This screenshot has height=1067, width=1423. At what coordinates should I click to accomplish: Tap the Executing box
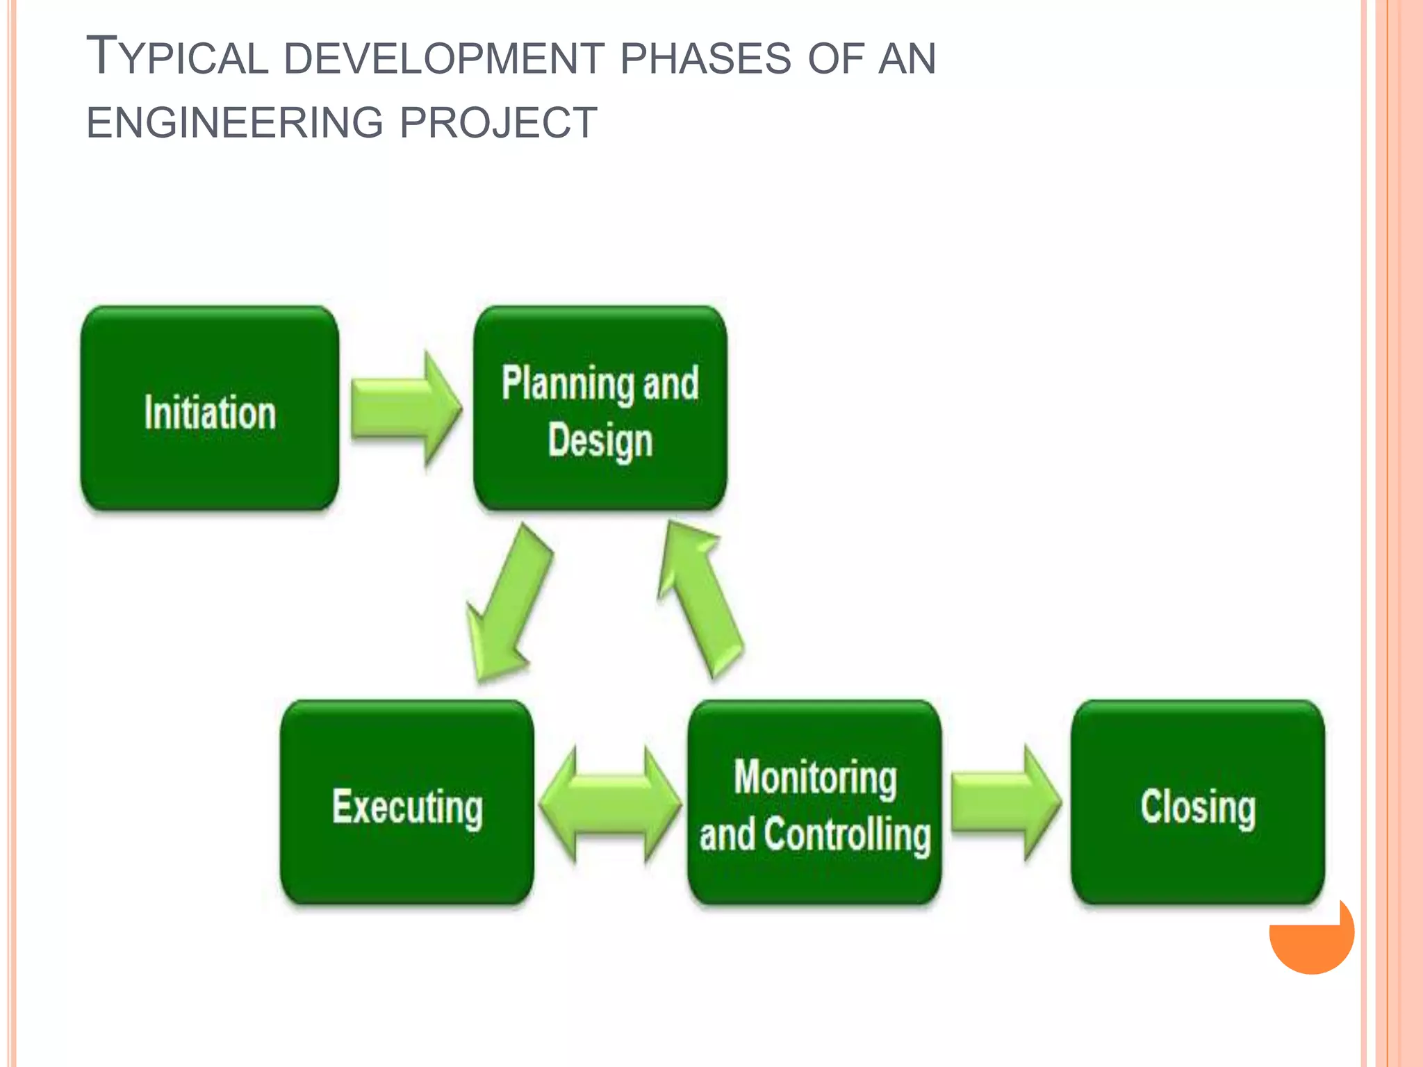[x=407, y=803]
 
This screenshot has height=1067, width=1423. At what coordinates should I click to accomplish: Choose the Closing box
[x=1198, y=803]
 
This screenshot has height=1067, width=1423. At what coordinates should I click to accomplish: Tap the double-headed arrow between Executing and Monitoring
[x=610, y=804]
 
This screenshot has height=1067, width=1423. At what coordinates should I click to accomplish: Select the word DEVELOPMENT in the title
[x=444, y=58]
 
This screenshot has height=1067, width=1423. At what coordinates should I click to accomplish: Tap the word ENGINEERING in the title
[x=235, y=123]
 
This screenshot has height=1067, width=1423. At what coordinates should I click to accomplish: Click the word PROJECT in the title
[x=498, y=123]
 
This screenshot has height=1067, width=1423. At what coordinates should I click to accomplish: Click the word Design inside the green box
[x=600, y=440]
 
